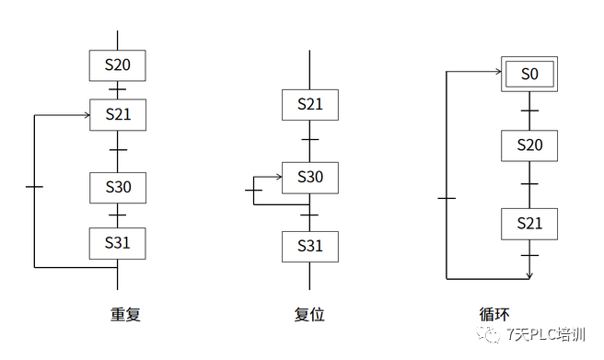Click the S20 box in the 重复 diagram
tap(118, 65)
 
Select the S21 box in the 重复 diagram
tap(118, 115)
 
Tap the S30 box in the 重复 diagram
tap(118, 188)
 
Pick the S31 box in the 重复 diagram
tap(118, 243)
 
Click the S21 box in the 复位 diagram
tap(310, 105)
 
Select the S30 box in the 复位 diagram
tap(310, 178)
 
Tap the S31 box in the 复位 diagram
tap(310, 247)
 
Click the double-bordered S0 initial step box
tap(529, 74)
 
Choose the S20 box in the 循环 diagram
tap(529, 145)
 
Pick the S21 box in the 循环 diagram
tap(529, 224)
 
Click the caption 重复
tap(125, 314)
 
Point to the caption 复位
tap(309, 314)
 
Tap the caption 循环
tap(494, 314)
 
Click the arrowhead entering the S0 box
tap(498, 71)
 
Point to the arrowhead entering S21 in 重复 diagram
tap(87, 115)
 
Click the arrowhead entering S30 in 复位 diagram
tap(279, 177)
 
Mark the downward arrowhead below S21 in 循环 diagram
tap(529, 275)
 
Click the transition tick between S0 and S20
tap(529, 110)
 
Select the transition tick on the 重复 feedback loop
tap(34, 187)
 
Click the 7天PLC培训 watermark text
tap(546, 334)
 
